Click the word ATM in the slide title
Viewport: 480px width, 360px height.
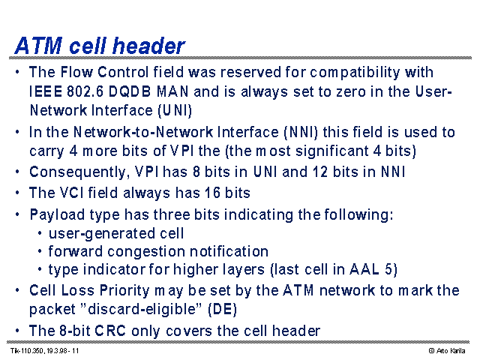(38, 46)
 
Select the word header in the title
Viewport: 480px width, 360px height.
(148, 46)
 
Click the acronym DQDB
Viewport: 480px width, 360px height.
(130, 91)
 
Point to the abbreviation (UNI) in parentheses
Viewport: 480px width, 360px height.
(175, 110)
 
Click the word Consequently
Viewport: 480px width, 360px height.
(77, 172)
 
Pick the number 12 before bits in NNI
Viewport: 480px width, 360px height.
(320, 172)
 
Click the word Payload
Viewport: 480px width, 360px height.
(57, 215)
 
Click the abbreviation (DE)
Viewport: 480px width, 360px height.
(223, 309)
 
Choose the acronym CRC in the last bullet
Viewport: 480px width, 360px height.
(110, 331)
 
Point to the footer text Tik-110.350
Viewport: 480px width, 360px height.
(27, 351)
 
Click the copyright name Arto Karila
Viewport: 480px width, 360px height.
(451, 351)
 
